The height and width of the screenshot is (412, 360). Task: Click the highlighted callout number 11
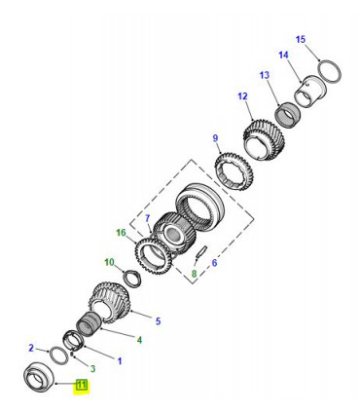click(x=81, y=386)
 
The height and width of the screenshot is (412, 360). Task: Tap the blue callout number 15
click(x=301, y=40)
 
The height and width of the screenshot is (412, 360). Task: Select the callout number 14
click(x=283, y=56)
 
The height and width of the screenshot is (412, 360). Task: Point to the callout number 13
click(x=265, y=75)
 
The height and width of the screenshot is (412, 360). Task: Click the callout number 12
click(x=242, y=96)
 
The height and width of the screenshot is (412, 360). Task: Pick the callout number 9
click(x=215, y=138)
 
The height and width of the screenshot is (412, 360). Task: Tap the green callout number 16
click(x=121, y=233)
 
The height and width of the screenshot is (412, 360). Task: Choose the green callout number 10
click(x=109, y=262)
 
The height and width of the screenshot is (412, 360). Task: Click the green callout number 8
click(x=194, y=274)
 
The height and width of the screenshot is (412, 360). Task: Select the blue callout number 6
click(x=214, y=263)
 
